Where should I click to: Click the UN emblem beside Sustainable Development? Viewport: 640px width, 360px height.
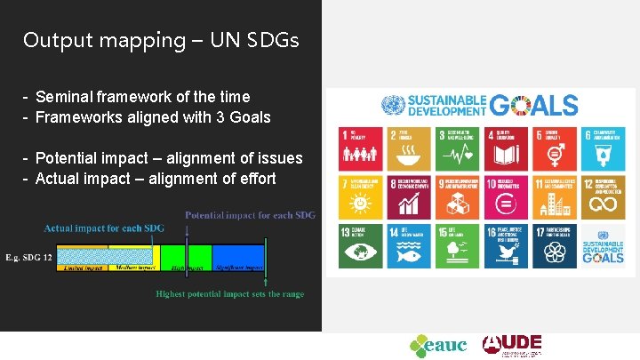392,106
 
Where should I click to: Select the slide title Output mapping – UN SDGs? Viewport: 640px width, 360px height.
161,40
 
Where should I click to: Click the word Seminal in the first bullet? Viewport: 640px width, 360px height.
64,96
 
